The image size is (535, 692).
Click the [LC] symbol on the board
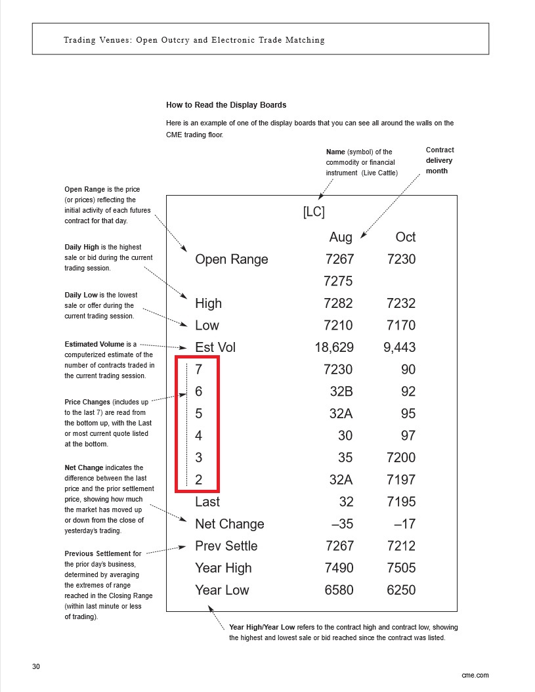[314, 213]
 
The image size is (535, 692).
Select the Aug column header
[341, 237]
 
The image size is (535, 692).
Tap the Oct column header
[405, 237]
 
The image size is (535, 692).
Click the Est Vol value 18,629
[334, 347]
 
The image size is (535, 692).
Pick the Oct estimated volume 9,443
[399, 347]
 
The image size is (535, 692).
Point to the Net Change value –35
[339, 524]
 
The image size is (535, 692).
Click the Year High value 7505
[401, 568]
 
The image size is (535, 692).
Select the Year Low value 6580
[339, 590]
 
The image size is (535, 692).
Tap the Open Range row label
[231, 259]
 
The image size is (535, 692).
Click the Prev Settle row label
[226, 546]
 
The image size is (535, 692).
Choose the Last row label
[207, 502]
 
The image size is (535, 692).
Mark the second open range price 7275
[339, 281]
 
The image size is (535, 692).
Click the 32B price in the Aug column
[341, 391]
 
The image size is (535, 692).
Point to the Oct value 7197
[401, 479]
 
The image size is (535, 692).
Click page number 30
[36, 667]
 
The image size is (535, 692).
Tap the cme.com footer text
[475, 675]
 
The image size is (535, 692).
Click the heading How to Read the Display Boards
[226, 105]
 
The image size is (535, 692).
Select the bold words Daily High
[81, 247]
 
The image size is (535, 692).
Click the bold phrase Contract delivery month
[439, 160]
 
